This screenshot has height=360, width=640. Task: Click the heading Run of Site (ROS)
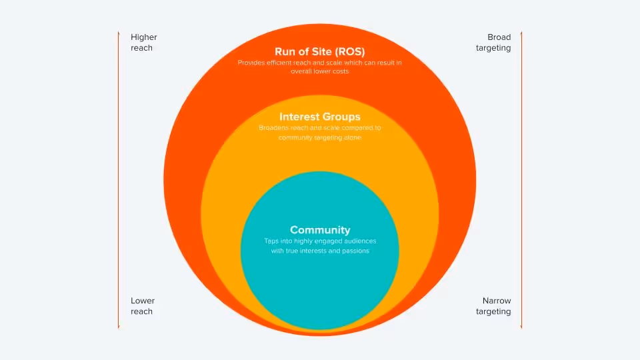tap(320, 51)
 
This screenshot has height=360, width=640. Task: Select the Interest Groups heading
tap(320, 117)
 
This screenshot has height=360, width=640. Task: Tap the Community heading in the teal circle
tap(320, 230)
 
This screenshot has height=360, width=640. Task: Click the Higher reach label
tap(143, 43)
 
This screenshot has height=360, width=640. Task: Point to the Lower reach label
tap(142, 306)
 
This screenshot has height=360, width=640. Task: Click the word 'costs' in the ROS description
tap(339, 71)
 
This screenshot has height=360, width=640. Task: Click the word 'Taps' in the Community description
tap(271, 241)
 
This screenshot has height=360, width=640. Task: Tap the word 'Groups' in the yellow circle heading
tap(342, 117)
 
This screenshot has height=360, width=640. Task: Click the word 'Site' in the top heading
tap(316, 51)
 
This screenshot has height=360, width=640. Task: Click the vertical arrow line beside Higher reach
tap(119, 180)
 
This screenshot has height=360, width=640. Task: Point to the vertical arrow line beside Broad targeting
tap(521, 180)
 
